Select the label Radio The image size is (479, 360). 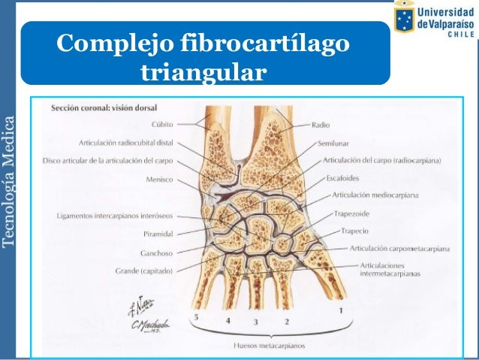321,125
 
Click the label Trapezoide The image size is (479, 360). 352,213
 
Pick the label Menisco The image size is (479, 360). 161,179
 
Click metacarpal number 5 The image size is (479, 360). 197,318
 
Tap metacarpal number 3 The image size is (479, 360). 255,322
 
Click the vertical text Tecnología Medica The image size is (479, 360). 8,180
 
